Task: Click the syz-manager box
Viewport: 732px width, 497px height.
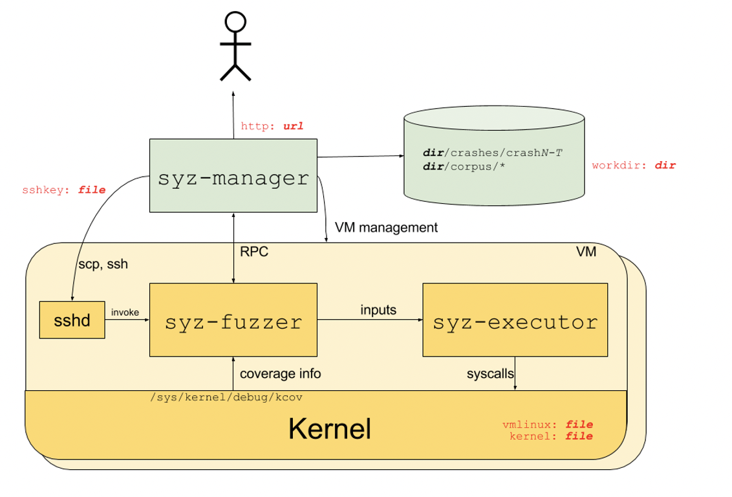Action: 233,175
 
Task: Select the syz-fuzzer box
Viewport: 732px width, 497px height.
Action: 233,320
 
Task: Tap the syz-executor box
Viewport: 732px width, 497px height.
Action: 515,320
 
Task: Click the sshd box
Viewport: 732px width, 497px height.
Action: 72,320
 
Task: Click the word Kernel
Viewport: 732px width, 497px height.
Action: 329,428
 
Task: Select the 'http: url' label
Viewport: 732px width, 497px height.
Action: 272,126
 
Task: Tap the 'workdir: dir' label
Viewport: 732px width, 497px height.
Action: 634,166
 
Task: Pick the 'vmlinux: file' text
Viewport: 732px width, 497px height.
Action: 547,425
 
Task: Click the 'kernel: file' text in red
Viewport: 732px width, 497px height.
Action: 551,436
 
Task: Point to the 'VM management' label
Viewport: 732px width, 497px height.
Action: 386,228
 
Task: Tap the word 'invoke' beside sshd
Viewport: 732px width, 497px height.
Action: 125,312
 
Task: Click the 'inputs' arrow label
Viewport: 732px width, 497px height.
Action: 378,310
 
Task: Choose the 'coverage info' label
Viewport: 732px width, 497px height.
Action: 280,373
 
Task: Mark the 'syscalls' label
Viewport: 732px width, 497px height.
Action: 490,374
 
